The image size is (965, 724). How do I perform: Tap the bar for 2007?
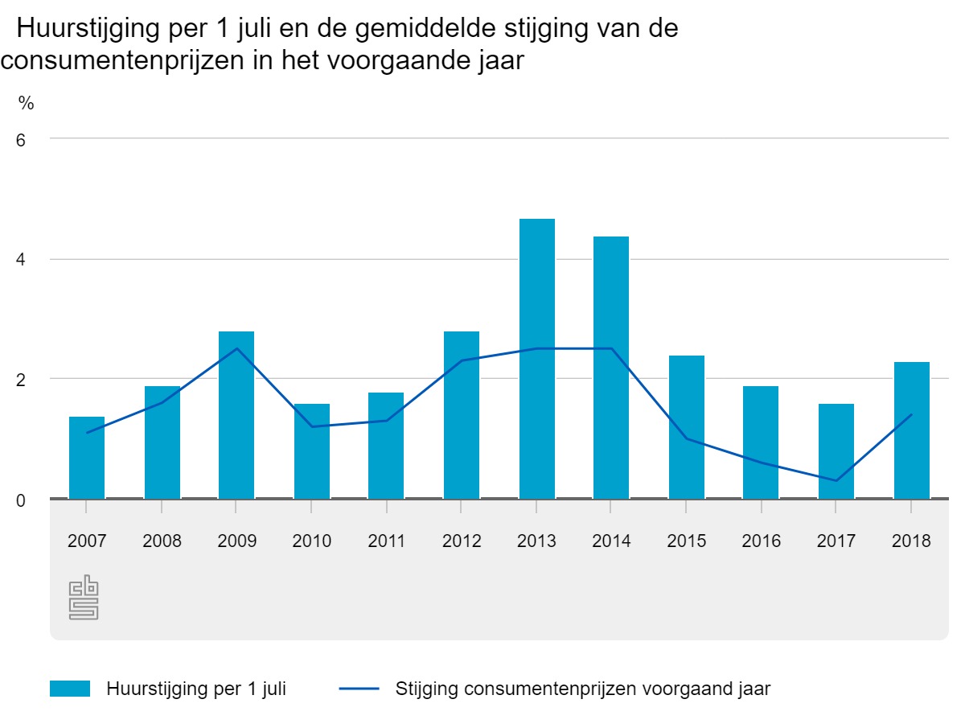87,458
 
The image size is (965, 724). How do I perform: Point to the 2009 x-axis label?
237,541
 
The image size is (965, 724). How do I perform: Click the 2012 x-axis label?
462,541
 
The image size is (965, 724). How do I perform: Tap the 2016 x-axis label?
762,541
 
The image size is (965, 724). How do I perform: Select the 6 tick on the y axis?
21,139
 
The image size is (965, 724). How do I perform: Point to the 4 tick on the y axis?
21,260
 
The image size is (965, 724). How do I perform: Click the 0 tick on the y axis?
21,500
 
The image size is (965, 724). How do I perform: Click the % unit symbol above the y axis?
27,103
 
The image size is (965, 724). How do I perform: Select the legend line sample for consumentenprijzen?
359,689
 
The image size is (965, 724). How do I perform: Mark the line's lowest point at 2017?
836,481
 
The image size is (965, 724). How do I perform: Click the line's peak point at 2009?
237,348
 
